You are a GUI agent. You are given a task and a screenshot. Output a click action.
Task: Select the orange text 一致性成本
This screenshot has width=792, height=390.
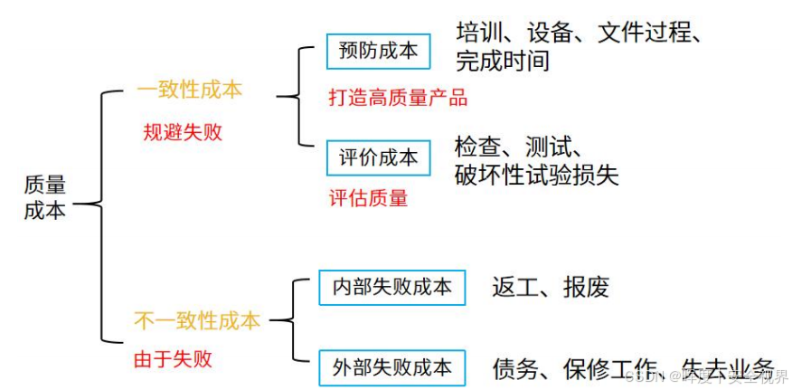click(189, 90)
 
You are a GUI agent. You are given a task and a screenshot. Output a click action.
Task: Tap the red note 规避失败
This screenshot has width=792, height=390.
click(182, 132)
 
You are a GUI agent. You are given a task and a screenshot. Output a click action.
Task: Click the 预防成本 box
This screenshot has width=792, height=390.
click(378, 52)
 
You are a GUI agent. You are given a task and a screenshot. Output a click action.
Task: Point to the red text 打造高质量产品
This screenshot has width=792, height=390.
click(398, 97)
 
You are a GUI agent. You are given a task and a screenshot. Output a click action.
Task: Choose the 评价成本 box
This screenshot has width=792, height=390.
click(378, 157)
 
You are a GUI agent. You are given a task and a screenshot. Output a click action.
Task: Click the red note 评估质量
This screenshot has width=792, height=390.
click(368, 197)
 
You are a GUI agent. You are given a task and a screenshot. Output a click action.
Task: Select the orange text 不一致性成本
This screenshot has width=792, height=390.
click(197, 320)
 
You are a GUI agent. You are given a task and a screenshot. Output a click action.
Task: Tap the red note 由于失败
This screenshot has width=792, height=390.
click(173, 359)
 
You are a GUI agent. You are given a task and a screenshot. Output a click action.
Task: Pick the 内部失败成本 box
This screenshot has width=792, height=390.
click(391, 287)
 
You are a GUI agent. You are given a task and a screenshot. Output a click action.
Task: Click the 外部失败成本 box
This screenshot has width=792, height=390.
click(391, 367)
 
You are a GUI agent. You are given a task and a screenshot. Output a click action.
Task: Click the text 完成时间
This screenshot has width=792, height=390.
click(502, 62)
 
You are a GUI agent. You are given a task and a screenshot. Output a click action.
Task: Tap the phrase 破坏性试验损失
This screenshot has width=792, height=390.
click(536, 175)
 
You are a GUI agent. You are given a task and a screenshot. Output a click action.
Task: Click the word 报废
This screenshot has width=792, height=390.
click(586, 288)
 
